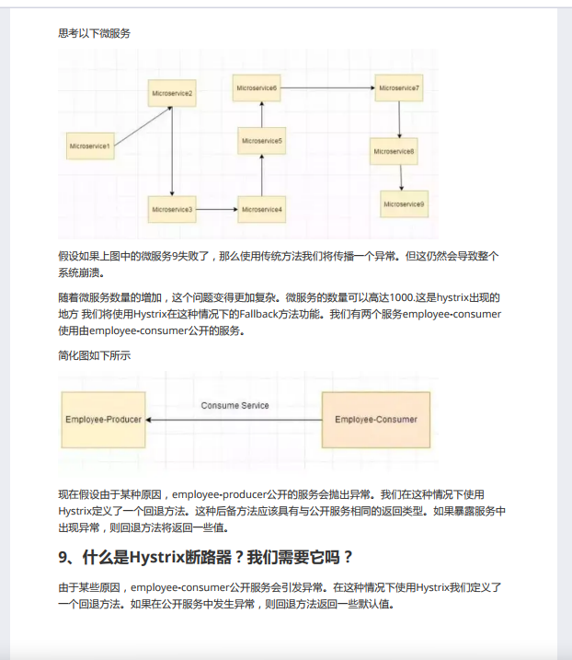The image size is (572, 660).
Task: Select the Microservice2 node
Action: (173, 94)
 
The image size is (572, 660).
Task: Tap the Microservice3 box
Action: (173, 210)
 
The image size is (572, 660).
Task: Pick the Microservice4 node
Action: (262, 210)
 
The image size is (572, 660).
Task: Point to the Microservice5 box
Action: (262, 141)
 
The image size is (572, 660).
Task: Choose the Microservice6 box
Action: (257, 88)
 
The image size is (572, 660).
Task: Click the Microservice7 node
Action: (399, 88)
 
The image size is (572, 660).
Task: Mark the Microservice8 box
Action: (395, 151)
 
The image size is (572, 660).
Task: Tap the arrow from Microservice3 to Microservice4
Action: (217, 210)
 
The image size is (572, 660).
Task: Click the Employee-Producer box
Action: (104, 420)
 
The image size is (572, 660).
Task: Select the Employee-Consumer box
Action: (375, 420)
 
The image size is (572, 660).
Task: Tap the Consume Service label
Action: (235, 406)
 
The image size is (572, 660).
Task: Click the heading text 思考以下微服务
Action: (95, 33)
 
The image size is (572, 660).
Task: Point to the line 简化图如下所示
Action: (95, 355)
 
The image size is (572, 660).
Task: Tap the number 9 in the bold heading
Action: (63, 558)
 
